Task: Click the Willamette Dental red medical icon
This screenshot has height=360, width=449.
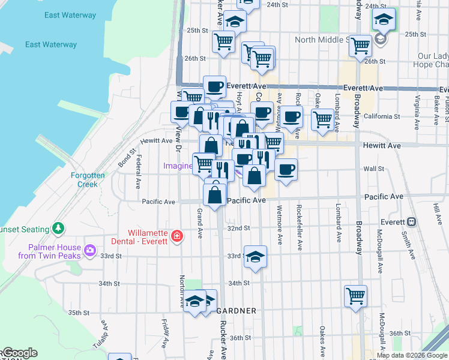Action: (176, 236)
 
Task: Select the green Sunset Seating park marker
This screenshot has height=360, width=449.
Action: (58, 228)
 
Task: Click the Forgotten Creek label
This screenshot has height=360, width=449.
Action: (88, 179)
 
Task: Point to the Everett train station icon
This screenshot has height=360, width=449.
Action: (411, 221)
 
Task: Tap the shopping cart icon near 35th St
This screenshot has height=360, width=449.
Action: (355, 295)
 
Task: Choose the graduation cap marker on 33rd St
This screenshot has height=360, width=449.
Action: (255, 256)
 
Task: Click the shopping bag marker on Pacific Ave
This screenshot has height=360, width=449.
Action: (215, 194)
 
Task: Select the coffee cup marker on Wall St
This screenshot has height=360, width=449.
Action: (286, 169)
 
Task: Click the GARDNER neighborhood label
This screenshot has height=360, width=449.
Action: (236, 311)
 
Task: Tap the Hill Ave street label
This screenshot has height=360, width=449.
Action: (436, 211)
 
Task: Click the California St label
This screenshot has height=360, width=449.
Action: (381, 116)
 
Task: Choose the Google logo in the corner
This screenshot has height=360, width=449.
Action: (20, 353)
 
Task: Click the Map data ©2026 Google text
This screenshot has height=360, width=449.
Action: (412, 355)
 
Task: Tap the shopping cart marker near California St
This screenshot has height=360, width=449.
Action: (322, 119)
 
